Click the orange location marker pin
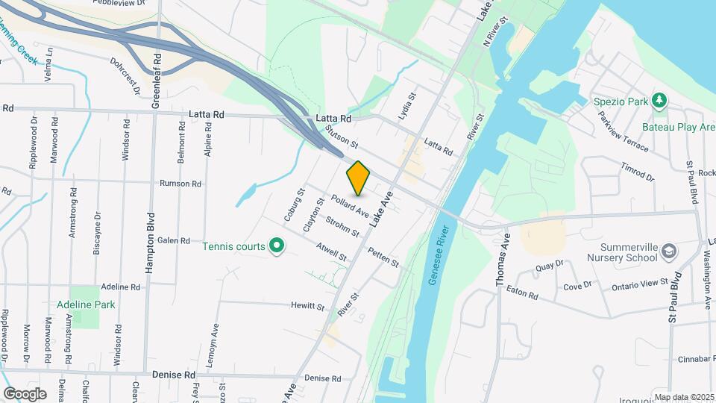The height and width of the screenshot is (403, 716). [x=359, y=178]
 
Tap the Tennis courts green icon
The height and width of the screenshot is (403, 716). [x=277, y=245]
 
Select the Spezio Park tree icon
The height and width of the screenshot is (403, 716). [x=659, y=100]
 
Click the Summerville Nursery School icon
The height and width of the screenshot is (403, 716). [x=668, y=251]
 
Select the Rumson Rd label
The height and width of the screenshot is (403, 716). [x=180, y=184]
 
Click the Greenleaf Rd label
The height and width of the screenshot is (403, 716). [x=157, y=81]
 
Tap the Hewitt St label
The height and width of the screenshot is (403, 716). [x=308, y=306]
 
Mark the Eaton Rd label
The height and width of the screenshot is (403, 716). [x=521, y=293]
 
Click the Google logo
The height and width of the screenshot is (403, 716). [x=25, y=393]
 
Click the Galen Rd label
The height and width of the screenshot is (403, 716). [x=174, y=240]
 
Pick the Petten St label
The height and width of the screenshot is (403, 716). [x=384, y=258]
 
